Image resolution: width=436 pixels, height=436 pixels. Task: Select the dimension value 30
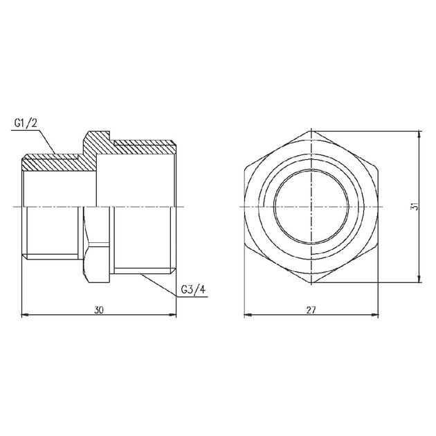[98, 311]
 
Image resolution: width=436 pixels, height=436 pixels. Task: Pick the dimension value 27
[311, 311]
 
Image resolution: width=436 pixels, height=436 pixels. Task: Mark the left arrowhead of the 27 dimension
[248, 316]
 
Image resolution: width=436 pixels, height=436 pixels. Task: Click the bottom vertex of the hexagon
[311, 281]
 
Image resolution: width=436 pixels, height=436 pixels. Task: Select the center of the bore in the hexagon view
[311, 207]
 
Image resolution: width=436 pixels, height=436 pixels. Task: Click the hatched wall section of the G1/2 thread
[52, 164]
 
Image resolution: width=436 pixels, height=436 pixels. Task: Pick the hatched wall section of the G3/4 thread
[142, 147]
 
